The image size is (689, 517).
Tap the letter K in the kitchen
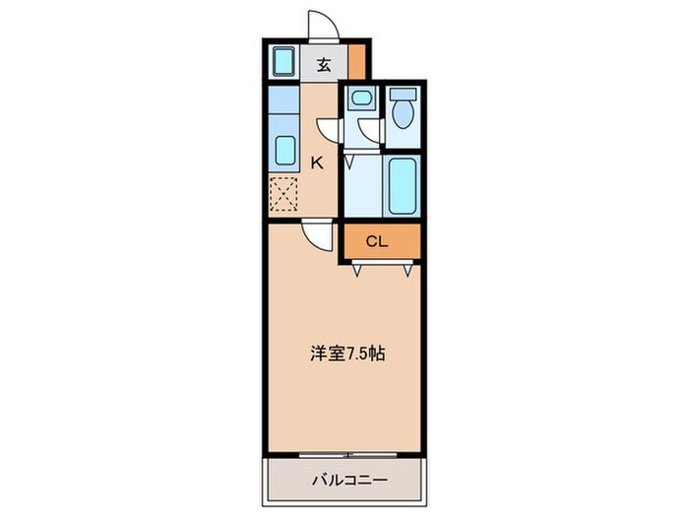(x=317, y=163)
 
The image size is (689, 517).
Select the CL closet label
(x=377, y=241)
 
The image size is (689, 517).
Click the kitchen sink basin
(x=284, y=151)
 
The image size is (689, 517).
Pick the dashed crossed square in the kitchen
(x=283, y=193)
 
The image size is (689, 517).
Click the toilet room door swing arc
(x=370, y=129)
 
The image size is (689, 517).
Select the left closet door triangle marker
(x=357, y=270)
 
